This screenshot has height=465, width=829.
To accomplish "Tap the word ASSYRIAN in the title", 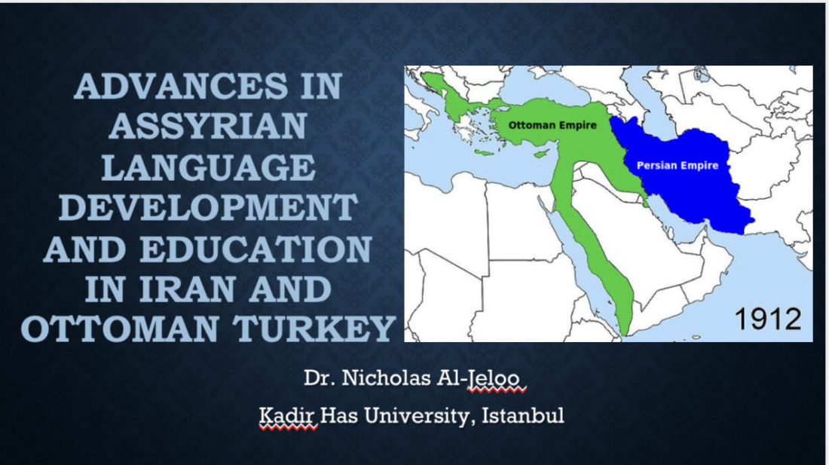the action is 208,127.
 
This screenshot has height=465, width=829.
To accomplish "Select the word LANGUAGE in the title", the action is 208,167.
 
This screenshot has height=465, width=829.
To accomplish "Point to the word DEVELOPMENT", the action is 208,208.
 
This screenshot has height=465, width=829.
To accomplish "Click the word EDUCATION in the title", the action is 256,249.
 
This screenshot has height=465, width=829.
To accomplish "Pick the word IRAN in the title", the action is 187,289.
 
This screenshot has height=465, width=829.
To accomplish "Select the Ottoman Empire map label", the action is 552,125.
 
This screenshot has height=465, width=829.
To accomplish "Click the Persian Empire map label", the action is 678,165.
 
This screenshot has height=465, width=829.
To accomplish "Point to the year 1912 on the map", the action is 768,319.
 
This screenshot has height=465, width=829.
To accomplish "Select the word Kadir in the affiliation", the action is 287,415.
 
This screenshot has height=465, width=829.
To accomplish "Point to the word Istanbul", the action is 523,415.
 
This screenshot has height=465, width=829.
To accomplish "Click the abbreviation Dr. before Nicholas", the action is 320,378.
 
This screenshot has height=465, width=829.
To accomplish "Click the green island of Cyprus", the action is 540,154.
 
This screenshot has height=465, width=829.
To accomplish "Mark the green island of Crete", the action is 485,153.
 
